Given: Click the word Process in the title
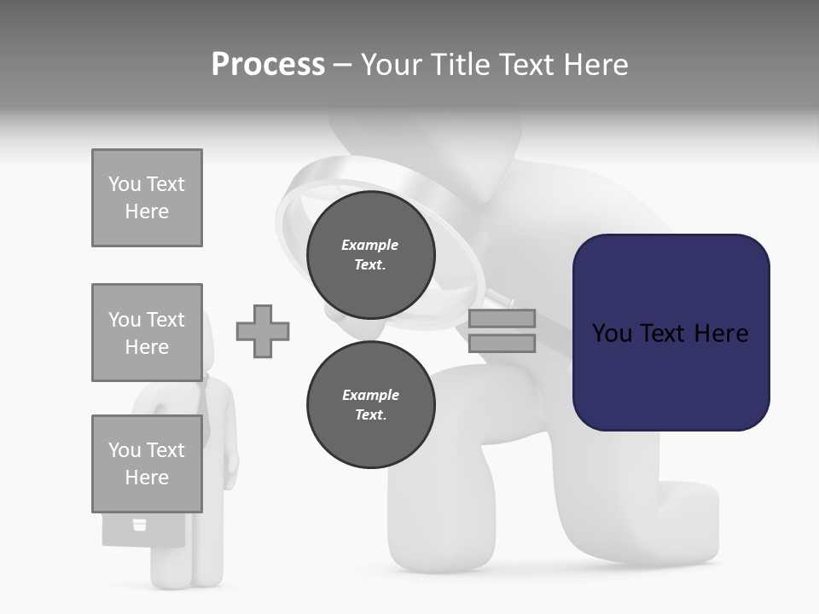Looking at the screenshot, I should tap(268, 65).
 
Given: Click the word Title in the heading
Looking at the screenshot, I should tap(460, 65).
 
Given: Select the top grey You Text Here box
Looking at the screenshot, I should tap(147, 198).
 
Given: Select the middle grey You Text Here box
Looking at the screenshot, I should tap(147, 333).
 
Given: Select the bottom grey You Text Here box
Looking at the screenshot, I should tap(147, 464).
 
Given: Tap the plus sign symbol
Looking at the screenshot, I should tap(263, 331).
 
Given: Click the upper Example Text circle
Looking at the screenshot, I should tap(370, 255).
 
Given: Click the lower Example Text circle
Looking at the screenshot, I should tap(370, 405).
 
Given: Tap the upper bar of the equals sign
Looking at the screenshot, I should tap(502, 319).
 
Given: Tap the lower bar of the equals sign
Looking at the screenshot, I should tap(502, 344).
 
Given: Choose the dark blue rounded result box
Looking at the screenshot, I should tap(671, 333).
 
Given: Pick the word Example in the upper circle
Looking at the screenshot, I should tap(370, 245).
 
